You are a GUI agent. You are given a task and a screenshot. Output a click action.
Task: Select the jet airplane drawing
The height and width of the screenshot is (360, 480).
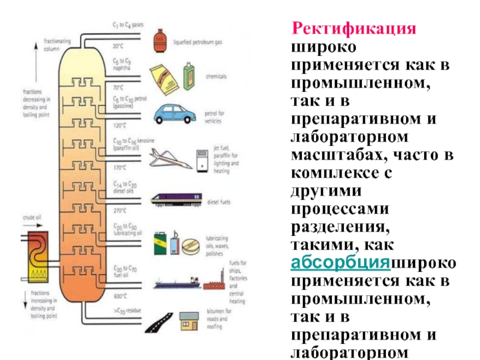tap(170, 158)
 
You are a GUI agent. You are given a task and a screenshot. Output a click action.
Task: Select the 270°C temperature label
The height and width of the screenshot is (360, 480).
tap(120, 211)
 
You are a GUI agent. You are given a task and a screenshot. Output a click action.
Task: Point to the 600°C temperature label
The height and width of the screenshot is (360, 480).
tap(120, 295)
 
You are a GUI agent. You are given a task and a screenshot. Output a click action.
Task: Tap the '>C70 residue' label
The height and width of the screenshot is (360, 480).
tap(128, 311)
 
